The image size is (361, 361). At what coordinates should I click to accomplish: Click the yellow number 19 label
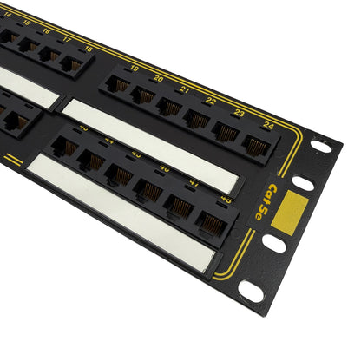click(134, 68)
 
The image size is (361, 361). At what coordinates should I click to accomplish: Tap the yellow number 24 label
click(268, 124)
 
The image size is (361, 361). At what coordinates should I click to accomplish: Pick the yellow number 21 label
click(184, 89)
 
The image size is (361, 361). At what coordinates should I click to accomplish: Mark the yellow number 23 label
click(239, 112)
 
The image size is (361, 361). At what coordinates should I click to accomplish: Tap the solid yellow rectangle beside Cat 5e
click(290, 212)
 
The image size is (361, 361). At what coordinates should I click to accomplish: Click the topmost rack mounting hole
click(320, 147)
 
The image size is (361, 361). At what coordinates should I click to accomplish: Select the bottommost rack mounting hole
click(251, 292)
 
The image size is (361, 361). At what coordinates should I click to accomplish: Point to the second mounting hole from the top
click(303, 183)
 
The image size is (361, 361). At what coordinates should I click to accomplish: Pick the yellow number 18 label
click(89, 49)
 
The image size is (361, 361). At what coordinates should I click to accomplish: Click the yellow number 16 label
click(47, 31)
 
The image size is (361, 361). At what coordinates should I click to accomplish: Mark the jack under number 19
click(119, 85)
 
